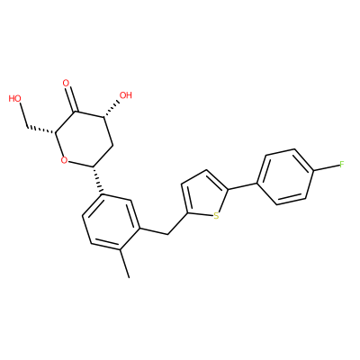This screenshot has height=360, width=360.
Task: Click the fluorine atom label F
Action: tap(341, 164)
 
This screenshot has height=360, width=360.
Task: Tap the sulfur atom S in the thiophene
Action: tap(216, 215)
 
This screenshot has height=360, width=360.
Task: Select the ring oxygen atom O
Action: tap(64, 160)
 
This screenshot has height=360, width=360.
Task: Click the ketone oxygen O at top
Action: tap(66, 83)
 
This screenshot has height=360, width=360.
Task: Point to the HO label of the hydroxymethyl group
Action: tap(15, 98)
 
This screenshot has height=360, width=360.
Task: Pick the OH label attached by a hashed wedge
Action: tap(126, 95)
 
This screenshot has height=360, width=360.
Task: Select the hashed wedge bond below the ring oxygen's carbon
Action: tap(98, 180)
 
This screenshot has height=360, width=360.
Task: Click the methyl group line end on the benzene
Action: tap(129, 278)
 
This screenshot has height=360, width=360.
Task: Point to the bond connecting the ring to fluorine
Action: tap(326, 167)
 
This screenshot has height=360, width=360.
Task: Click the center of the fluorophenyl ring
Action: tap(286, 177)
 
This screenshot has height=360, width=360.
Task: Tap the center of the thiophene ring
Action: tap(204, 196)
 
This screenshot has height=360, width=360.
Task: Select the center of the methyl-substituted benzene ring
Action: tap(112, 222)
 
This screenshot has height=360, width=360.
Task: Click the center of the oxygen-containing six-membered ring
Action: tap(84, 139)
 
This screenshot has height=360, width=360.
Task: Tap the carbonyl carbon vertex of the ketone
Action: tap(75, 112)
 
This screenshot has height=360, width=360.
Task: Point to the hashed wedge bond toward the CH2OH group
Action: tap(41, 129)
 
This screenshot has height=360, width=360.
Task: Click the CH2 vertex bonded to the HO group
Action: tap(27, 127)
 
